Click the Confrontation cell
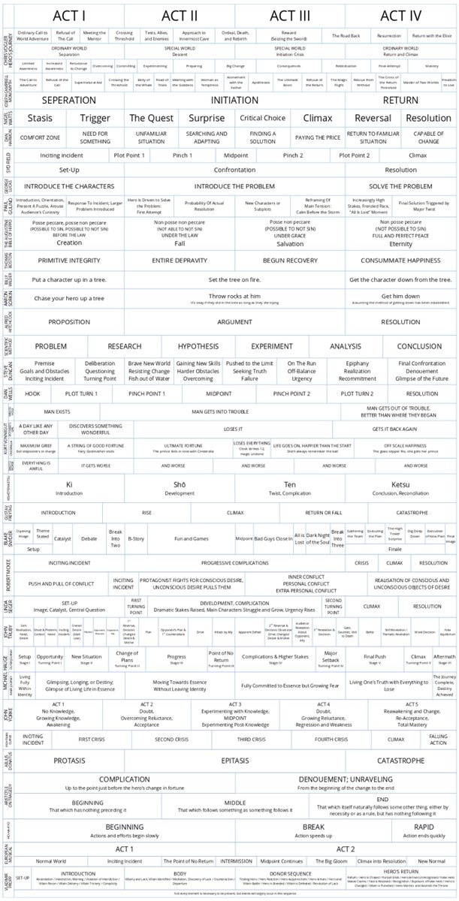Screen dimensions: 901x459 [x=236, y=170]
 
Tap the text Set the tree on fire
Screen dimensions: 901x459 [x=235, y=279]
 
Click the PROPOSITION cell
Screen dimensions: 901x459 [x=69, y=321]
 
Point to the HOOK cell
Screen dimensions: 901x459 [x=32, y=393]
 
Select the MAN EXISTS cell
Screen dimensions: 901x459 [x=57, y=412]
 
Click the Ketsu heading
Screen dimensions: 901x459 [x=385, y=484]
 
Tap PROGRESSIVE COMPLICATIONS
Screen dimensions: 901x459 [x=235, y=562]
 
